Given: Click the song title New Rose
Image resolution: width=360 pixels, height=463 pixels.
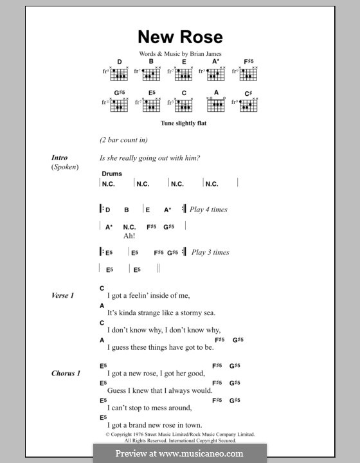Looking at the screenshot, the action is pos(180,37).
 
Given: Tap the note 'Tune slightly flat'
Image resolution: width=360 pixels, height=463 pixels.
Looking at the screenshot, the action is pos(179,122).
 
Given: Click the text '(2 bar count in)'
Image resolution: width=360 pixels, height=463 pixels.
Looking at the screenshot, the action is pos(124,140).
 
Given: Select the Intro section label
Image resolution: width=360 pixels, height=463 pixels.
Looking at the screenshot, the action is pos(60,158).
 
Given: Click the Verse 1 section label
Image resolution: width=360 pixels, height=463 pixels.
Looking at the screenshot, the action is pos(63,295).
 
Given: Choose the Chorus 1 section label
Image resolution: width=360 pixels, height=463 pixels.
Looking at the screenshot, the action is pos(66,373).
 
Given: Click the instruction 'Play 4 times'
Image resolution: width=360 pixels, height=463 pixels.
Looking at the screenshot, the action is pos(209,210).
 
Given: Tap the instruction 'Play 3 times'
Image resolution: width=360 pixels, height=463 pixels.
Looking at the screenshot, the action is pos(210,252).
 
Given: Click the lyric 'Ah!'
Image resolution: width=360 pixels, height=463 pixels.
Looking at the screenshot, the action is pos(129,235).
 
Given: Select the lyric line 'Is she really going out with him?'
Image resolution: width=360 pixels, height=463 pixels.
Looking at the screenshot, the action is pos(150,158).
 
